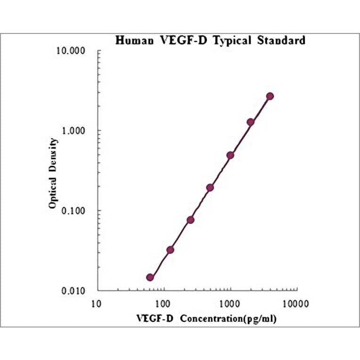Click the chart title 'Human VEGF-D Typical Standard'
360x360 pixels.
tap(210, 41)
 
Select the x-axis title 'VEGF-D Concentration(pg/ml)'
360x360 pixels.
tap(206, 319)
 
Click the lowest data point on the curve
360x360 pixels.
tap(150, 277)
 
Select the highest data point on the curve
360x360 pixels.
tap(270, 96)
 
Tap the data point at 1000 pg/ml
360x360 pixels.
tap(230, 155)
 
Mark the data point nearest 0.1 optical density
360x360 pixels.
tap(190, 220)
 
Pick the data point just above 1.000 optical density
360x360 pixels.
tap(251, 122)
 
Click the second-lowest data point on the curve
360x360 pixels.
tap(170, 250)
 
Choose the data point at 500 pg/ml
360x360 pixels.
tap(210, 188)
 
